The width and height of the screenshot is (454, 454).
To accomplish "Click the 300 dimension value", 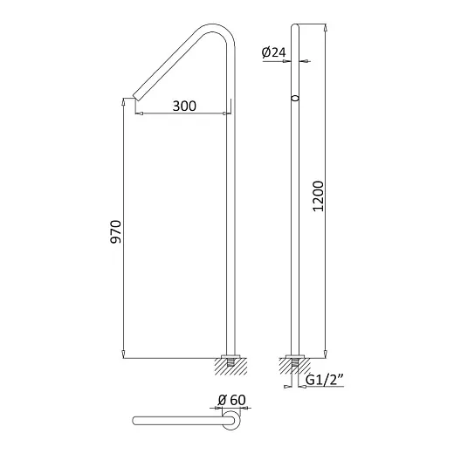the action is coord(184,106).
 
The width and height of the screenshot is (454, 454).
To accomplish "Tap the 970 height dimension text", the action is coord(116,231).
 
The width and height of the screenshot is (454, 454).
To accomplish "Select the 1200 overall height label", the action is coord(318,196).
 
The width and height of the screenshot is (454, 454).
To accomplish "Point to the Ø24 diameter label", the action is coord(273,52).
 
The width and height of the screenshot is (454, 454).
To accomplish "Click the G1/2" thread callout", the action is coord(325,380).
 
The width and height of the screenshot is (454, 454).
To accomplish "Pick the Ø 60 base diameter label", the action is coord(232,400).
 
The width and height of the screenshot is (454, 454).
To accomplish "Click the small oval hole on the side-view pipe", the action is coord(295,98).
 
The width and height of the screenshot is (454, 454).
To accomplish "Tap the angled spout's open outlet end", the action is coord(135,98).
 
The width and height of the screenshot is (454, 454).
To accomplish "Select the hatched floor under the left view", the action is coord(230,367).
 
